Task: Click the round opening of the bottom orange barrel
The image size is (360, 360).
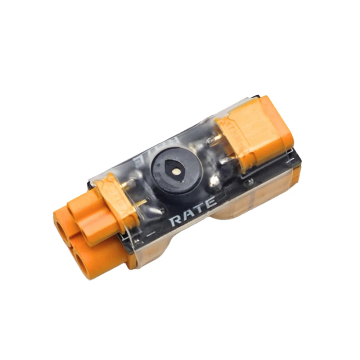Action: (x=86, y=266)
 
